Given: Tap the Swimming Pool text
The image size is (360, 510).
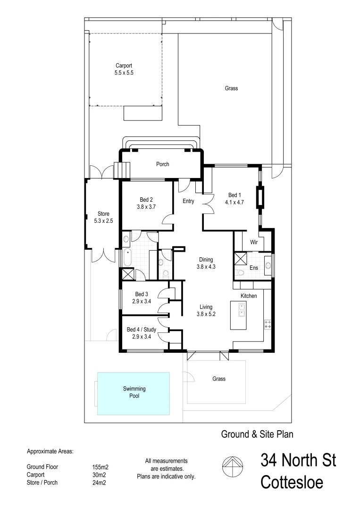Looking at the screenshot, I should click(x=134, y=392).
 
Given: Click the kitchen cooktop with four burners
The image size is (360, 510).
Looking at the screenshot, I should click(x=268, y=324).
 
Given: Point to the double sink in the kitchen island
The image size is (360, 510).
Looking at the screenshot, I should click(x=241, y=309).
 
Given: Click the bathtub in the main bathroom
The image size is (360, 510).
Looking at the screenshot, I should click(x=127, y=257).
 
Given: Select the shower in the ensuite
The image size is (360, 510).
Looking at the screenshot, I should click(x=241, y=259).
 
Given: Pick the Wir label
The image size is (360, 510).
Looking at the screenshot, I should click(x=253, y=242).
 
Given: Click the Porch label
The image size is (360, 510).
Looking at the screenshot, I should click(x=162, y=164).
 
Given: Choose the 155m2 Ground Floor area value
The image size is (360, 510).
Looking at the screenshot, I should click(x=100, y=467).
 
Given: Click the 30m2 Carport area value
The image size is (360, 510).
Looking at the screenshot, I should click(x=99, y=475).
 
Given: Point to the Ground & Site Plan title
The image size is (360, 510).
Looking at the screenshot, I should click(x=258, y=433).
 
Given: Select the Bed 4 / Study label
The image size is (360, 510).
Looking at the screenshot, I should click(x=142, y=330).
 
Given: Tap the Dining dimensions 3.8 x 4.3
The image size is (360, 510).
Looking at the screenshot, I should click(x=206, y=266).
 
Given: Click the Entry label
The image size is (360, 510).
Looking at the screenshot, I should click(x=188, y=201).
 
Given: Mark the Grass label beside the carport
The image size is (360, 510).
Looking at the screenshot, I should click(x=231, y=88).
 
